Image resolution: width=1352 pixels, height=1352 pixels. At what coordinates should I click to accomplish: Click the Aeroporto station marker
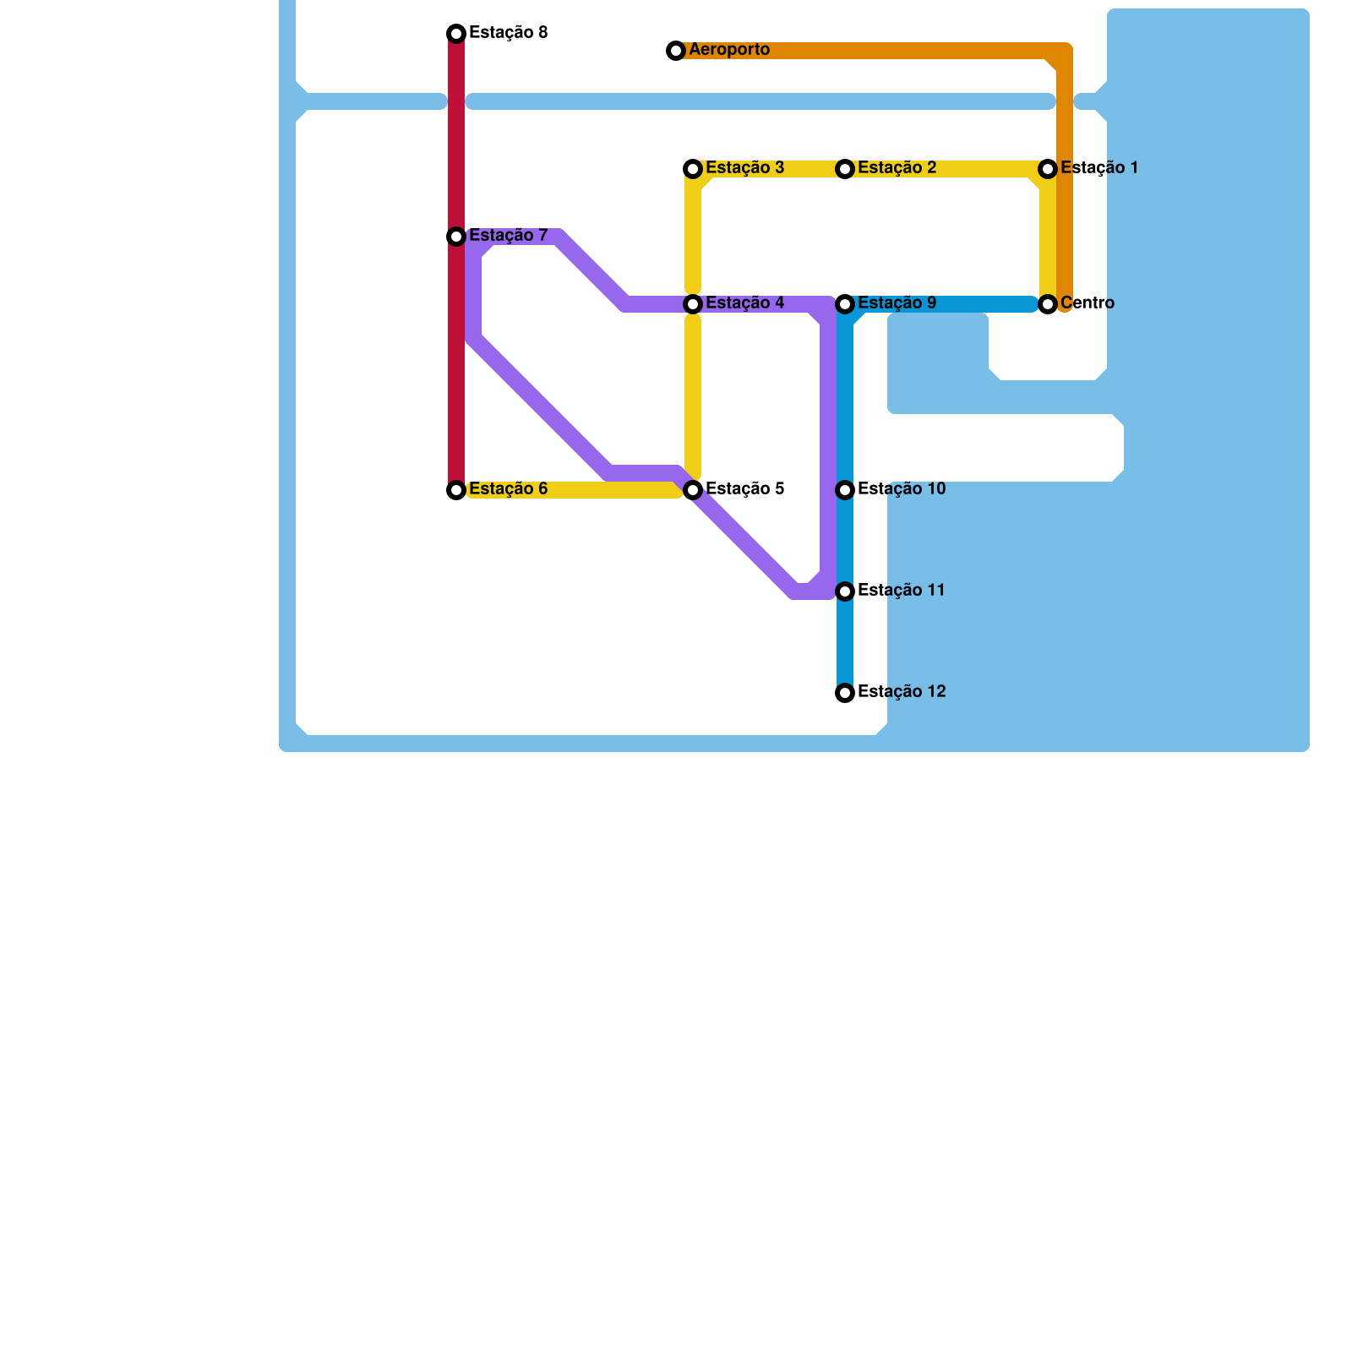pos(676,51)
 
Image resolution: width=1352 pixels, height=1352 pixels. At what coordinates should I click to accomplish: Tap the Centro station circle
pos(1048,304)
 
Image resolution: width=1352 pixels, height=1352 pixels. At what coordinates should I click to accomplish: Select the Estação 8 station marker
pos(456,34)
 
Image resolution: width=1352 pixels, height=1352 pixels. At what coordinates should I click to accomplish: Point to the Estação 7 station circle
pos(456,237)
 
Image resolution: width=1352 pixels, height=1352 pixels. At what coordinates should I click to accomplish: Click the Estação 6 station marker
pos(456,490)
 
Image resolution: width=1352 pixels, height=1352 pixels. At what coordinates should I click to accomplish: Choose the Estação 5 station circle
pos(693,490)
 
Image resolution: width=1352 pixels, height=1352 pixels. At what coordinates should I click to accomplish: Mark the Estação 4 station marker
pos(693,304)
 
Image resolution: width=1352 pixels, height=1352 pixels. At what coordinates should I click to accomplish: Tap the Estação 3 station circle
pos(693,169)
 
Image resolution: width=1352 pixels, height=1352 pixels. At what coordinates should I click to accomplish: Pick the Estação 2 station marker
pos(845,169)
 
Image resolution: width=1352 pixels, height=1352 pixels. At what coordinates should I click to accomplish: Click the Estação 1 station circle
pos(1048,169)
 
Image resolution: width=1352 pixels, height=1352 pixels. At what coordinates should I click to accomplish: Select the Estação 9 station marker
pos(845,304)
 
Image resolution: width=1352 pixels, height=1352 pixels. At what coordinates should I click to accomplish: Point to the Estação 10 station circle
pos(845,490)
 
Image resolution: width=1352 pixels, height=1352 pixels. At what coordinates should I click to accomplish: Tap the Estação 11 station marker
pos(845,591)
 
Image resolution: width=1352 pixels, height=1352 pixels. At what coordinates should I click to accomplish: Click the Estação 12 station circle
pos(845,693)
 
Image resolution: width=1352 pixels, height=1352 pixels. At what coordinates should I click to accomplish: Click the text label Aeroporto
pos(729,50)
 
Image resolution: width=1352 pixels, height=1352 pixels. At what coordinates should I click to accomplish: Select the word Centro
pos(1088,303)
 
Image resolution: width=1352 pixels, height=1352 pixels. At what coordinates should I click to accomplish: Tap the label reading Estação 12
pos(902,692)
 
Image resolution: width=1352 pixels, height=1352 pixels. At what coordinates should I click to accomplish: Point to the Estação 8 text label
pos(509,33)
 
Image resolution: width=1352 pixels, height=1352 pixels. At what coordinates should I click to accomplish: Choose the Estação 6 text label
pos(509,489)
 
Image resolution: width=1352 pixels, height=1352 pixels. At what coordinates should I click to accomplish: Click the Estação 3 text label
pos(745,168)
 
